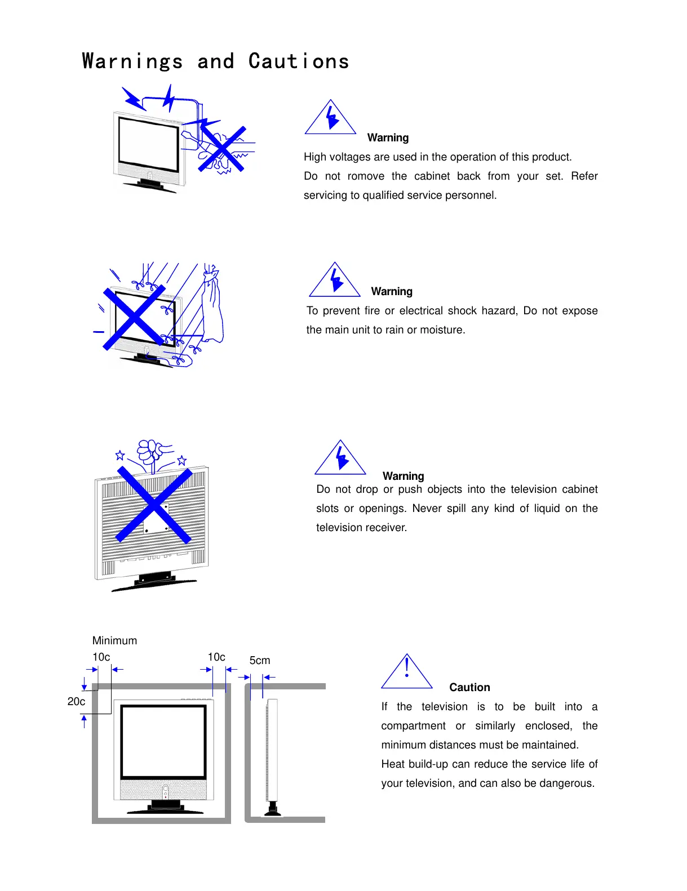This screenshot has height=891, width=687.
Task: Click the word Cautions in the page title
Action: pyautogui.click(x=299, y=61)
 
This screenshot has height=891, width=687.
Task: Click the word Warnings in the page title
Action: pyautogui.click(x=133, y=61)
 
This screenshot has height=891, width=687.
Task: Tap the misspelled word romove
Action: pyautogui.click(x=366, y=176)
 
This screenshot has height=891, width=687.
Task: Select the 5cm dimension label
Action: pyautogui.click(x=260, y=661)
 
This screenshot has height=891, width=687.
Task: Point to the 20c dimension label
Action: pyautogui.click(x=76, y=702)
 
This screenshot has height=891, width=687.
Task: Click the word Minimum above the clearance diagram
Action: pyautogui.click(x=114, y=641)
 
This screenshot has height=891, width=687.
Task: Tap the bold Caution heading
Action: pyautogui.click(x=469, y=688)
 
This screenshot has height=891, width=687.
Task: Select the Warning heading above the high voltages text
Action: pyautogui.click(x=388, y=138)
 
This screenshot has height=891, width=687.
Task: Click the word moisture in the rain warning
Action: pyautogui.click(x=442, y=330)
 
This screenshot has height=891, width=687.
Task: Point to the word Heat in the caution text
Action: pyautogui.click(x=393, y=764)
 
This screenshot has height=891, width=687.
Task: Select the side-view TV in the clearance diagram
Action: pyautogui.click(x=272, y=755)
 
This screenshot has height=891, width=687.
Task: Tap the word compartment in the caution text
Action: pyautogui.click(x=413, y=726)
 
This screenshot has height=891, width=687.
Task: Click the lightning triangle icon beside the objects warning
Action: pyautogui.click(x=341, y=458)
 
